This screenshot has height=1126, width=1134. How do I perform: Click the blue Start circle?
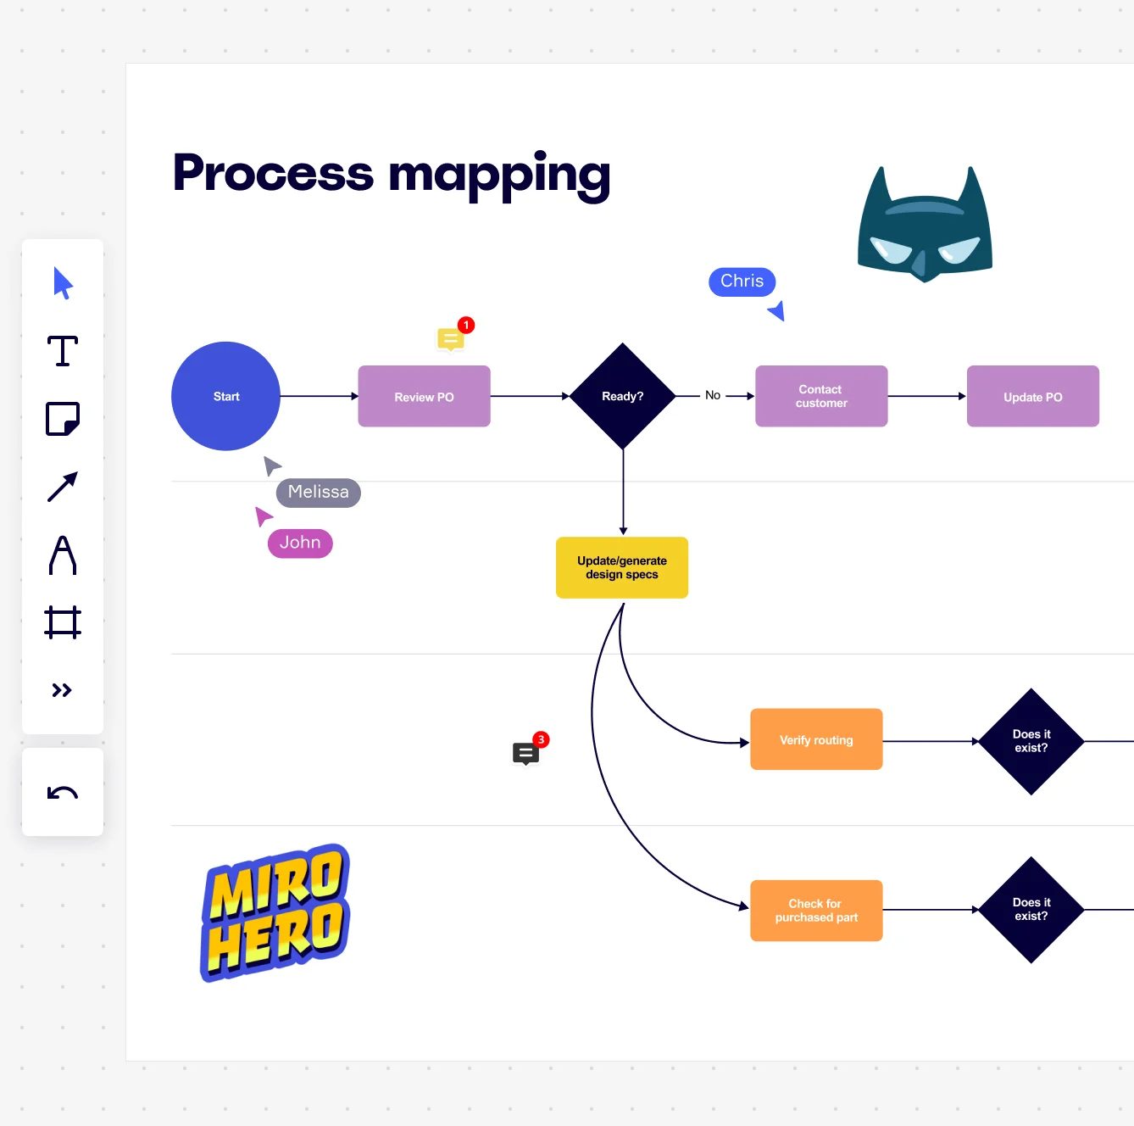point(225,396)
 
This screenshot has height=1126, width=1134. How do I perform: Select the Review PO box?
point(424,396)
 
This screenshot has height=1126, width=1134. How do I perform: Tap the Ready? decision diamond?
point(623,396)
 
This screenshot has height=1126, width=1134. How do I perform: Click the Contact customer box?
point(821,396)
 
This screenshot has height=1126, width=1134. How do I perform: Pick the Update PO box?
point(1032,396)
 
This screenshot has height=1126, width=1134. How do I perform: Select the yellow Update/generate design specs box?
point(622,567)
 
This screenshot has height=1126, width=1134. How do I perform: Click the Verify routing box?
point(816,739)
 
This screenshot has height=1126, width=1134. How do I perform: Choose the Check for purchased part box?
point(816,911)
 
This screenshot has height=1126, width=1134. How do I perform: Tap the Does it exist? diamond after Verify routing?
point(1031,741)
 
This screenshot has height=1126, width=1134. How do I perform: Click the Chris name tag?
point(742,281)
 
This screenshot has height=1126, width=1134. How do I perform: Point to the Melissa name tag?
point(318,493)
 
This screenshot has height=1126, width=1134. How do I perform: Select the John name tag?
point(300,543)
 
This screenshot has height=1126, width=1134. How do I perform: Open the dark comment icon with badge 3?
point(525,753)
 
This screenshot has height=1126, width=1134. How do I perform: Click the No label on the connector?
point(713,395)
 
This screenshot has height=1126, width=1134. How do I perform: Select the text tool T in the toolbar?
point(63,351)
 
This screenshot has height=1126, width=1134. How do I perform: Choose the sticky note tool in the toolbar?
point(63,419)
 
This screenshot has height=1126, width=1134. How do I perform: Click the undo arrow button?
point(63,793)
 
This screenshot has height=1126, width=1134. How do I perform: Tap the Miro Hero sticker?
point(276,912)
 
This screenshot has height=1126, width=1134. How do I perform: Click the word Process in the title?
point(273,173)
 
